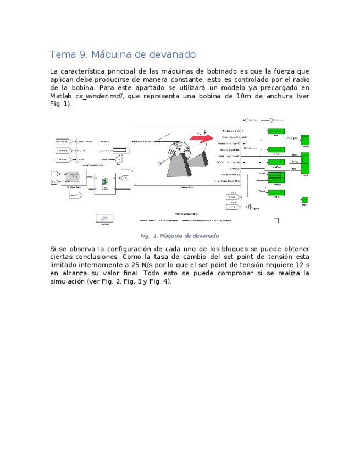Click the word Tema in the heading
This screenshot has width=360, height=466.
click(62, 55)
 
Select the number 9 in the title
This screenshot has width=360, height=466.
click(81, 55)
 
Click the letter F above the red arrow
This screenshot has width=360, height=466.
click(205, 132)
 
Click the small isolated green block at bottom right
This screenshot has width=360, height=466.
click(304, 200)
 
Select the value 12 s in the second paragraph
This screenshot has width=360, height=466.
click(301, 265)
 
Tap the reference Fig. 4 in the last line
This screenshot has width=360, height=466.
click(160, 281)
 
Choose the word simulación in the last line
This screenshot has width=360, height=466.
click(68, 281)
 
